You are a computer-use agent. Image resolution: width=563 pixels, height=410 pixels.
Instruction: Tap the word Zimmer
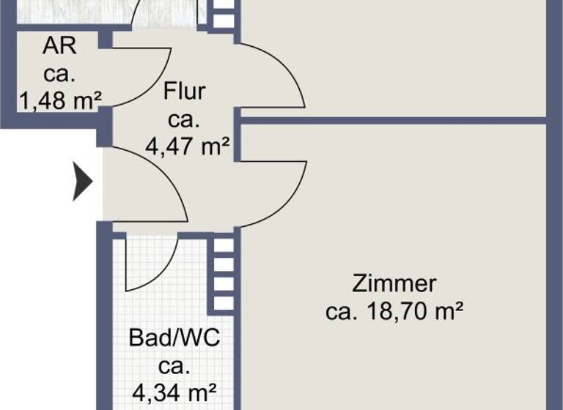pyautogui.click(x=394, y=283)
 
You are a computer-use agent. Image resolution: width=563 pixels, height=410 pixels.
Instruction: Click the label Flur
pyautogui.click(x=184, y=92)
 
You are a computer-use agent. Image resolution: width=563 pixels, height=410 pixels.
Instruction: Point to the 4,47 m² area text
pyautogui.click(x=188, y=146)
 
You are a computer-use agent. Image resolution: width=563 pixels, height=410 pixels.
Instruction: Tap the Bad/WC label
pyautogui.click(x=175, y=338)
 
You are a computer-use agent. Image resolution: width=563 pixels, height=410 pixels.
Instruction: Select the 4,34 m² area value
pyautogui.click(x=177, y=392)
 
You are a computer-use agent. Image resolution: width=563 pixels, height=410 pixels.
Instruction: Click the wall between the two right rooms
pyautogui.click(x=396, y=119)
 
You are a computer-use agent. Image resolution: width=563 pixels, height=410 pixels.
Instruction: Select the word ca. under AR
pyautogui.click(x=59, y=72)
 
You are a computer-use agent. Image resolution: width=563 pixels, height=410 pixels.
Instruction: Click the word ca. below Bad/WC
pyautogui.click(x=175, y=365)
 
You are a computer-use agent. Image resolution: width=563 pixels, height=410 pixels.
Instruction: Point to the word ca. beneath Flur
pyautogui.click(x=184, y=119)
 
